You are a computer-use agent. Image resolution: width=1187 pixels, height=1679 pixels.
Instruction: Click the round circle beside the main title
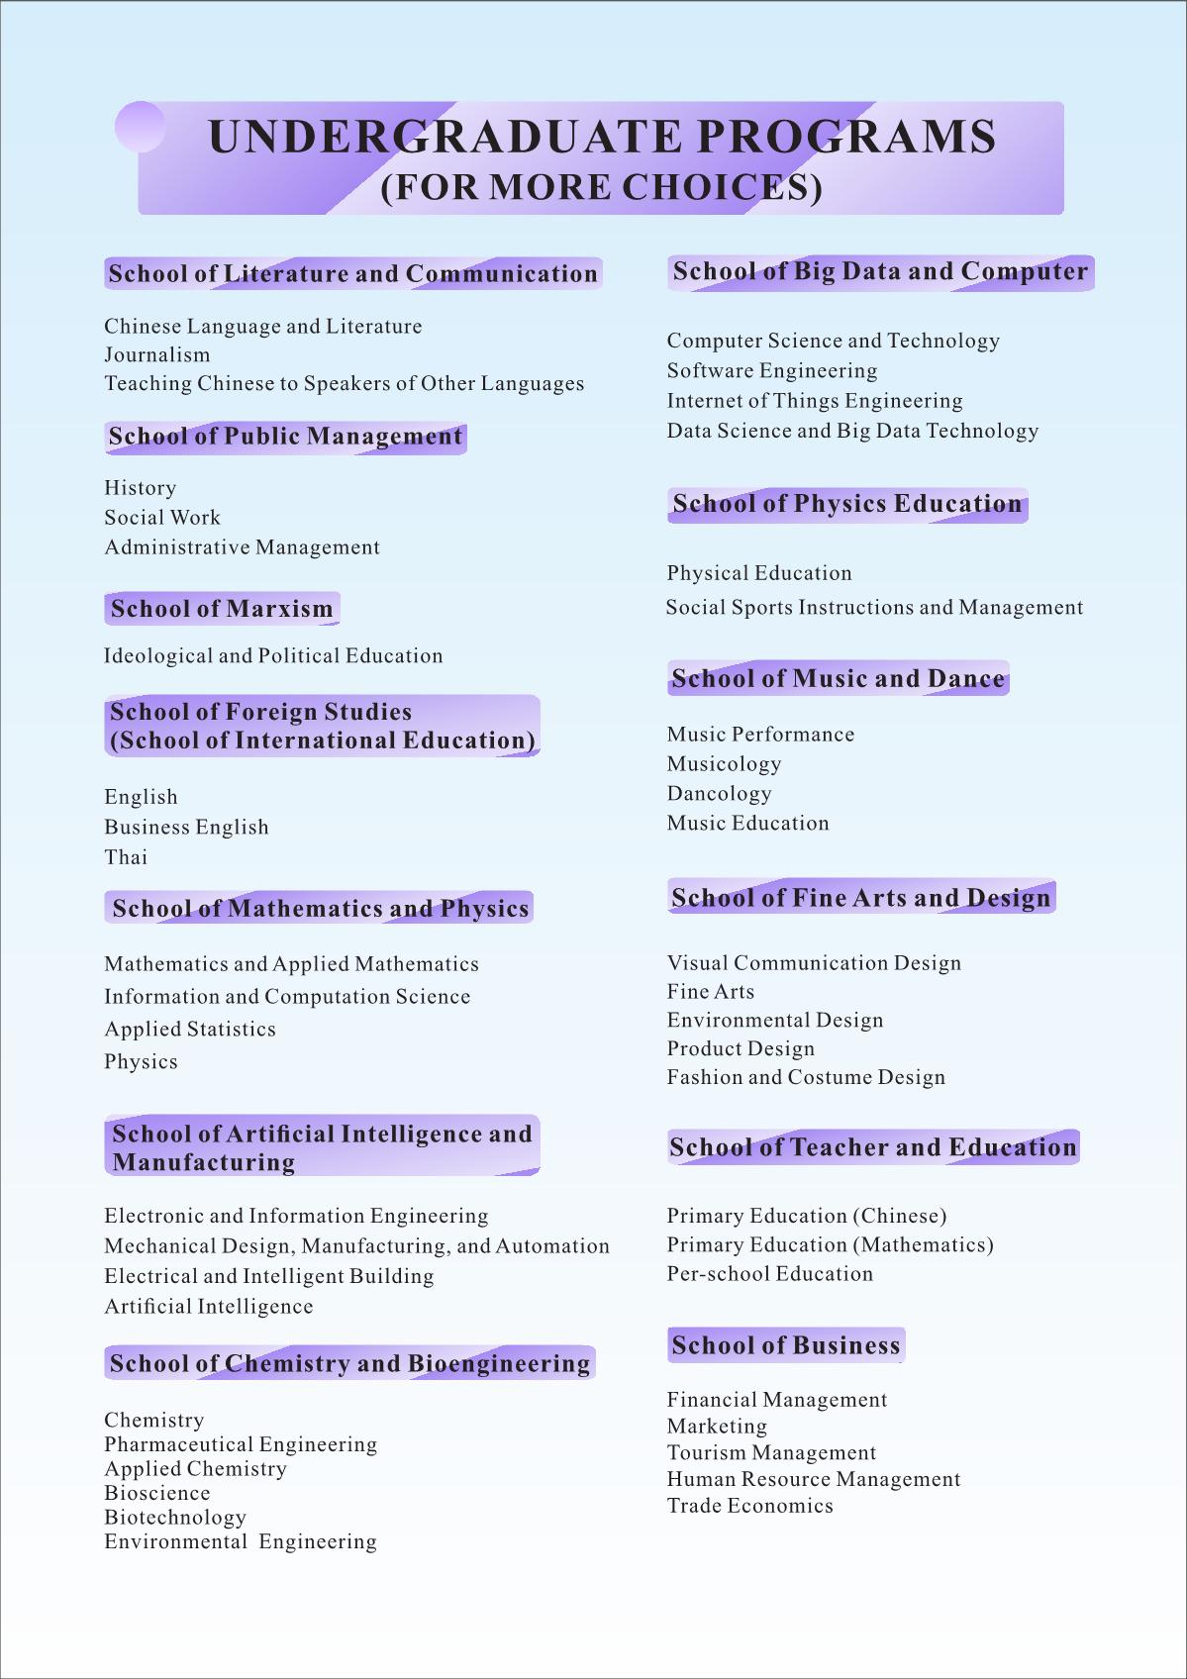[x=140, y=127]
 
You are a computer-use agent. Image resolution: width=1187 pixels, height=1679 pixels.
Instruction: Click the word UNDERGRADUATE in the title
[x=445, y=137]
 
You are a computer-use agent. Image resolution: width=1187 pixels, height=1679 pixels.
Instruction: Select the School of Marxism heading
[x=222, y=609]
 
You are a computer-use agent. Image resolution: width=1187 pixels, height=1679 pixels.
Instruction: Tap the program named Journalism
[x=157, y=354]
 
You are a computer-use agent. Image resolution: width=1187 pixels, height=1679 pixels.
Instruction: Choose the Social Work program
[x=162, y=518]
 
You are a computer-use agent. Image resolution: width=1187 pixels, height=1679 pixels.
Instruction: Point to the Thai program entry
[x=126, y=857]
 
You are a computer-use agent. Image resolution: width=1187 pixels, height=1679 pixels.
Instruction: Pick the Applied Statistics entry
[x=190, y=1030]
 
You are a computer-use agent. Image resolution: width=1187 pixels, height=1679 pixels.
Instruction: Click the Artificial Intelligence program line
[x=209, y=1307]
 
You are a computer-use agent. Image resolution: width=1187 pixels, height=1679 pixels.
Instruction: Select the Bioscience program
[x=157, y=1493]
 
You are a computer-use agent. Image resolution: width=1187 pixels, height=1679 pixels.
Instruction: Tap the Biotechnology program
[x=175, y=1518]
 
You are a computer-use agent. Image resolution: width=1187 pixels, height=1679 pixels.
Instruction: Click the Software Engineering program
[x=772, y=371]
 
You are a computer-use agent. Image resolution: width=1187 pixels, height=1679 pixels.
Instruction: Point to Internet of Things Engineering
[x=815, y=401]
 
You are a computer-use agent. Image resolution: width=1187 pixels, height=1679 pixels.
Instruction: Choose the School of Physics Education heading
[x=847, y=504]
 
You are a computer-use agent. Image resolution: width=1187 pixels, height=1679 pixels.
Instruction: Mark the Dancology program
[x=720, y=794]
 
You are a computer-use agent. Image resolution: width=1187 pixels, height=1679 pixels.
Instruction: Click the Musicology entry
[x=725, y=764]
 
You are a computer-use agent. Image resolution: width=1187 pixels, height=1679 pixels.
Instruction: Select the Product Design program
[x=741, y=1049]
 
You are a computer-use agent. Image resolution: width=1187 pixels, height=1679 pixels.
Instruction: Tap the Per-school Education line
[x=770, y=1274]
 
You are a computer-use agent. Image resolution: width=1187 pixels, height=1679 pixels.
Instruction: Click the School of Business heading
[x=786, y=1345]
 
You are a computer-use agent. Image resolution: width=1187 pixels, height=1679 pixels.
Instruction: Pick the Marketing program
[x=717, y=1427]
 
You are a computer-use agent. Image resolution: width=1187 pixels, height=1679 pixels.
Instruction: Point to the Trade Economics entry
[x=750, y=1506]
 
